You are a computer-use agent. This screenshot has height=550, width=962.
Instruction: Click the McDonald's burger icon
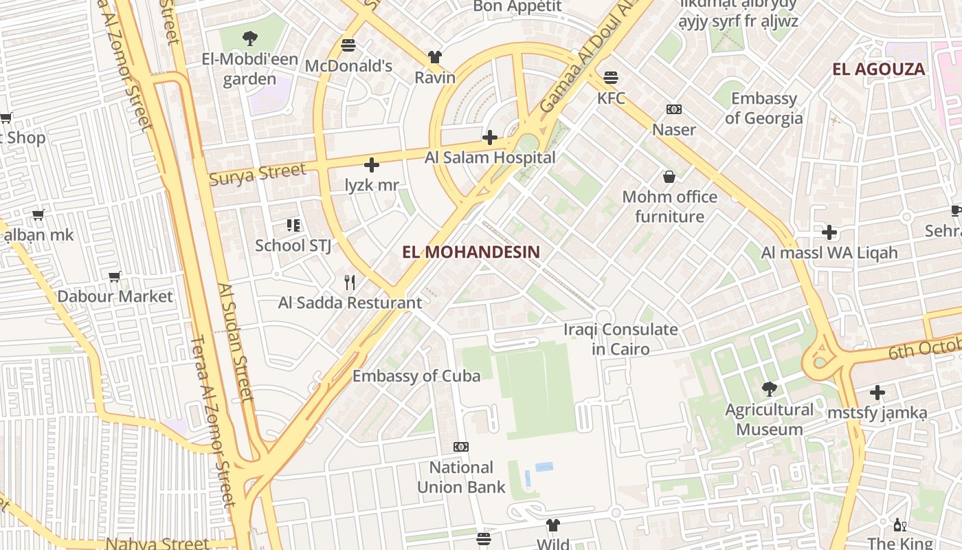click(x=348, y=45)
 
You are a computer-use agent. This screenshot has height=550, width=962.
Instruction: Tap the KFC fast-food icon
click(x=611, y=77)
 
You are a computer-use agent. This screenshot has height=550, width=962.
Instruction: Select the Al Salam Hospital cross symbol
click(x=490, y=137)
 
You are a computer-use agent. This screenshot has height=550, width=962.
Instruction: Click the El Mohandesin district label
click(x=471, y=252)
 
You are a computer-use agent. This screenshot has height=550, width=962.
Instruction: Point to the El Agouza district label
click(x=878, y=69)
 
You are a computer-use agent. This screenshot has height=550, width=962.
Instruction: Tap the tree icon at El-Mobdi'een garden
click(x=250, y=38)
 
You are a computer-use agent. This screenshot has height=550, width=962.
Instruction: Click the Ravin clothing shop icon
click(x=435, y=56)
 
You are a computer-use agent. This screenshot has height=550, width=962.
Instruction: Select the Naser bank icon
click(x=674, y=109)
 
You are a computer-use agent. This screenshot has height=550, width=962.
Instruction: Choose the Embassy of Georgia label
click(x=763, y=108)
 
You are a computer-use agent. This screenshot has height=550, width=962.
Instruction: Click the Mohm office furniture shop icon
click(x=669, y=177)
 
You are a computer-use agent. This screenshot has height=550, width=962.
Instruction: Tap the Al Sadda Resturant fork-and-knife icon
click(x=350, y=282)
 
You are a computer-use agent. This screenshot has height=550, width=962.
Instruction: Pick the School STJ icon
click(x=293, y=225)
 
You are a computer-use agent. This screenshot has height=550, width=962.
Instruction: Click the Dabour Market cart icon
click(x=115, y=276)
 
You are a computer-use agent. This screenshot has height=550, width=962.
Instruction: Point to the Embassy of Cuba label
click(x=416, y=375)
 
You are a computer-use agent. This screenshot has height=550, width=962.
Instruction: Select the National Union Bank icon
click(x=461, y=447)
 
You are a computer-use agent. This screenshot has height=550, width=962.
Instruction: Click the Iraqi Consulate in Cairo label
click(x=620, y=339)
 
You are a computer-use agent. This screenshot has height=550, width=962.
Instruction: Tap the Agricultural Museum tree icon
click(x=770, y=389)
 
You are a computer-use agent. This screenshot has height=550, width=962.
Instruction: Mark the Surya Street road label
click(x=257, y=174)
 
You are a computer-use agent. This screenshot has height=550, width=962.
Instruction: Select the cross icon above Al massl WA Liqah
click(x=829, y=232)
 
